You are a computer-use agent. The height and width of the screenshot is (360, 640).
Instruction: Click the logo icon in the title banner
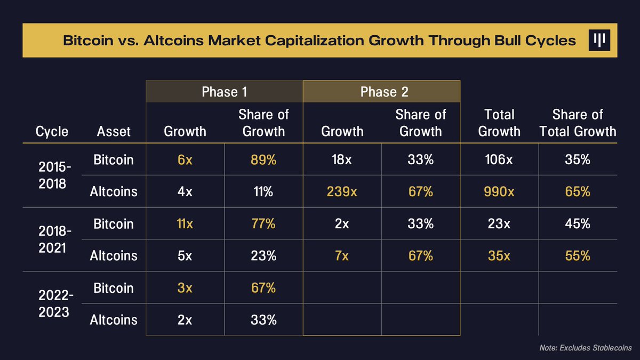click(x=599, y=41)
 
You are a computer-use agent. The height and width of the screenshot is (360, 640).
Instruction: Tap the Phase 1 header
click(x=224, y=92)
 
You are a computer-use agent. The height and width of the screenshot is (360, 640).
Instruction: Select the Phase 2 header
click(x=382, y=92)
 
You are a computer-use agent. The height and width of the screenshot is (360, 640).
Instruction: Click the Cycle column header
click(x=52, y=131)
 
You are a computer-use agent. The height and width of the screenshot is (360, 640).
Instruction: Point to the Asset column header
click(x=114, y=131)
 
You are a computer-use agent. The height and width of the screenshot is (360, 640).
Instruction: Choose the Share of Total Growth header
click(x=578, y=123)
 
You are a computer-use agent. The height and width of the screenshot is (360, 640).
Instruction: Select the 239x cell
click(x=342, y=191)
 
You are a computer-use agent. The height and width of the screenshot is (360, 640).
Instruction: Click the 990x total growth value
click(x=499, y=191)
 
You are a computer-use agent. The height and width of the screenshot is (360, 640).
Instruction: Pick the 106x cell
click(x=499, y=159)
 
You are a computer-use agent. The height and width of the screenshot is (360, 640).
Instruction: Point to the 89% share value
click(x=263, y=159)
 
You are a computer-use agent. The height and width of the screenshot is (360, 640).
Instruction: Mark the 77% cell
click(x=263, y=223)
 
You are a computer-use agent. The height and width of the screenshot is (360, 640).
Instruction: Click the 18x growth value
click(x=342, y=159)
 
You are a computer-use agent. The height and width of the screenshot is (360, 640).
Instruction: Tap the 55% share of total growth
click(x=578, y=255)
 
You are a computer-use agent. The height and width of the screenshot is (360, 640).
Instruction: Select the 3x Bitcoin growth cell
click(x=185, y=288)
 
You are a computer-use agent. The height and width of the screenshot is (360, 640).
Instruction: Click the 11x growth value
click(x=185, y=223)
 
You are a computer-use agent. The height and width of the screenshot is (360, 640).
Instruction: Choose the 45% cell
click(x=578, y=223)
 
